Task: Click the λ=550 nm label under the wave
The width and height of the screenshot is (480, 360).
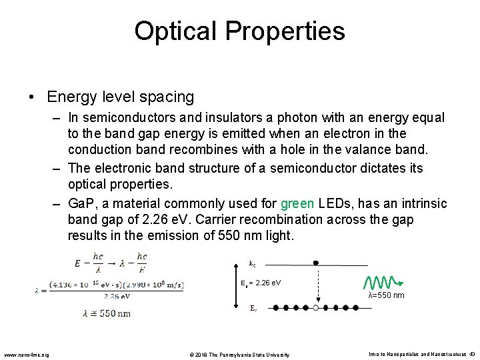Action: click(x=386, y=295)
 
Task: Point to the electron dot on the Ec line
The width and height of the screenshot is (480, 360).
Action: click(x=316, y=263)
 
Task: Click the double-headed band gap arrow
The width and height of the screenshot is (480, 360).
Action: click(x=235, y=285)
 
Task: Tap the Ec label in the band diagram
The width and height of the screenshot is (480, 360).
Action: click(x=253, y=263)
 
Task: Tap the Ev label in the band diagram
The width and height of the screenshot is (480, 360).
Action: click(x=253, y=308)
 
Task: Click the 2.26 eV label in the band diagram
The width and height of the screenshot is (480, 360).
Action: click(x=266, y=283)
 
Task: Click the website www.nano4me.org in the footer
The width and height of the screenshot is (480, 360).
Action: click(x=25, y=354)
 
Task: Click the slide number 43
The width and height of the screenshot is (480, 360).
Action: click(x=471, y=353)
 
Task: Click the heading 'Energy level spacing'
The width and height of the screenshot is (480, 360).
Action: click(x=120, y=97)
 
